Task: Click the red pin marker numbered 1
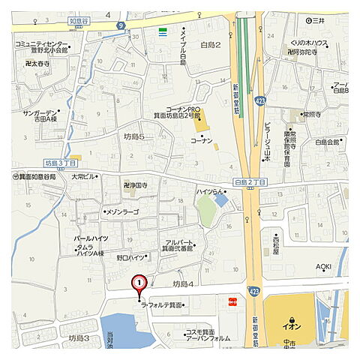(x=139, y=284)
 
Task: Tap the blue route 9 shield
(x=120, y=25)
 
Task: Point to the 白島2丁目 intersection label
(x=250, y=183)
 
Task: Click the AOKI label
(x=323, y=267)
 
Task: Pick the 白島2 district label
(x=210, y=46)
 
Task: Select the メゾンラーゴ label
(x=123, y=212)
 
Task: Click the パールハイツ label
(x=90, y=238)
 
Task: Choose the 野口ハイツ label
(x=131, y=257)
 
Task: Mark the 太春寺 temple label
(x=38, y=64)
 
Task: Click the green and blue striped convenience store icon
(x=163, y=31)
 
